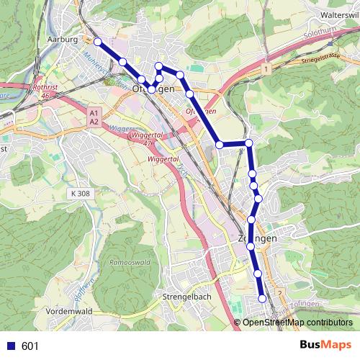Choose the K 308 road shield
pyautogui.click(x=83, y=194)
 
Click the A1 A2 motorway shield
pyautogui.click(x=94, y=117)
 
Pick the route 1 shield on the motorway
pyautogui.click(x=266, y=68)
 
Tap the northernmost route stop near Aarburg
pyautogui.click(x=97, y=42)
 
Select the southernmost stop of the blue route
pyautogui.click(x=262, y=298)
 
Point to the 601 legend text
pyautogui.click(x=30, y=346)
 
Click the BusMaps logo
pyautogui.click(x=323, y=345)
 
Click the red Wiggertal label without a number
pyautogui.click(x=162, y=158)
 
